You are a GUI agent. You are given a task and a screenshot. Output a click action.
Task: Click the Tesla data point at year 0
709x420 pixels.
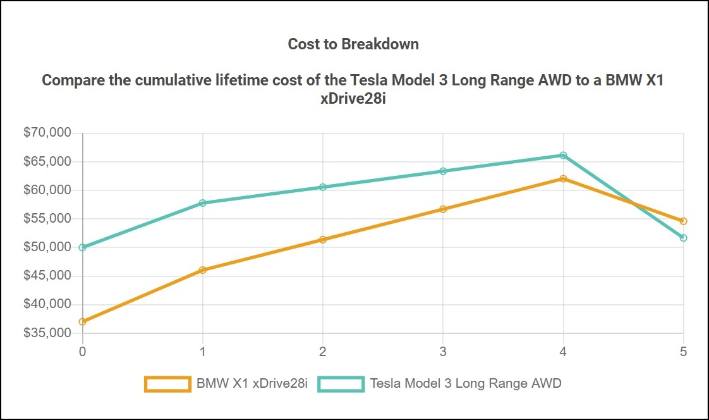(83, 247)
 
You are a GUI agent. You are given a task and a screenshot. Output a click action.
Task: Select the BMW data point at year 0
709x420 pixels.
(83, 321)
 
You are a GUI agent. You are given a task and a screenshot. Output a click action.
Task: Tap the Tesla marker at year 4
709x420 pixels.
(563, 155)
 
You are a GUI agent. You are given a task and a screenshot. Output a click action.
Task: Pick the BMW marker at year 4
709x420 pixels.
(563, 178)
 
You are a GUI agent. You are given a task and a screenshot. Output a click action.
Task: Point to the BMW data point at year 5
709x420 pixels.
(683, 221)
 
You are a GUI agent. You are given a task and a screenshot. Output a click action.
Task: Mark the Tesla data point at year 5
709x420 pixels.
(683, 238)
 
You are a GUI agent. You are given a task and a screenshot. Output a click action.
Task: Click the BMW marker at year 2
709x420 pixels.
(323, 240)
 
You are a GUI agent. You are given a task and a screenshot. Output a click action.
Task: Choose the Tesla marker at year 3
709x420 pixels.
(443, 171)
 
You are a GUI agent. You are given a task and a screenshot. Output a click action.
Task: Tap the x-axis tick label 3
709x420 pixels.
(443, 350)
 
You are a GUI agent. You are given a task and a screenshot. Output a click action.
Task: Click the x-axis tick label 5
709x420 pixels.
(683, 350)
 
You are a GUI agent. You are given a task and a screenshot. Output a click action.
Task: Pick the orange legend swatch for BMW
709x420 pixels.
(167, 383)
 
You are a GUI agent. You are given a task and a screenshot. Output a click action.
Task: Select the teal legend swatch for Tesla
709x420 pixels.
(341, 383)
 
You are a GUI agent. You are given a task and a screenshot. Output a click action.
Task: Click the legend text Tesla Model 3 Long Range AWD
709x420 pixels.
(465, 383)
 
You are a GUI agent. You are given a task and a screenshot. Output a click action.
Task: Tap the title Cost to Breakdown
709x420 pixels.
(353, 44)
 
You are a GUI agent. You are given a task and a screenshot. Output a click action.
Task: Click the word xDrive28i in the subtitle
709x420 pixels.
(353, 99)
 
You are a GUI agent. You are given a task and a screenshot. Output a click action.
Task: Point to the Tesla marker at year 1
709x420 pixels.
(203, 203)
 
